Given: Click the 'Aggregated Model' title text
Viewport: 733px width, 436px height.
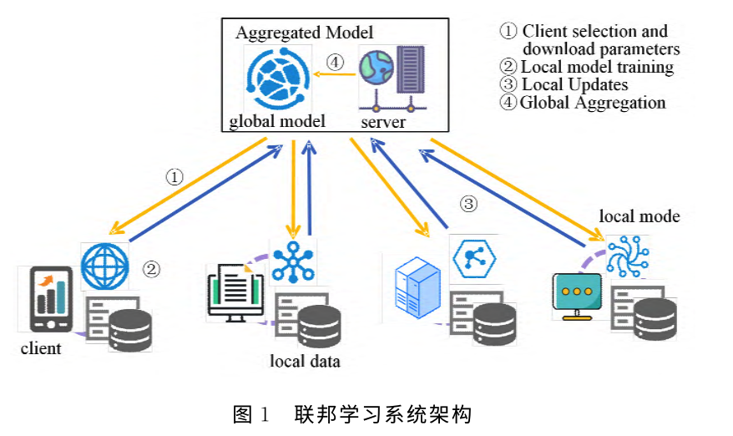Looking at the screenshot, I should [x=304, y=33].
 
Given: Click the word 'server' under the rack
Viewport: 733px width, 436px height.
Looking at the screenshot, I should [x=383, y=122].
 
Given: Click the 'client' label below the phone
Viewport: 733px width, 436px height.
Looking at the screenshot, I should [x=41, y=347].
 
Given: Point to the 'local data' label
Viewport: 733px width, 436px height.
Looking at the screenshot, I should [x=306, y=362].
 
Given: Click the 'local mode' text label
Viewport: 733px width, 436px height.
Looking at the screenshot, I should [x=639, y=216].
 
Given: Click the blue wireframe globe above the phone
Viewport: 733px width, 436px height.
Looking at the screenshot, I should [x=105, y=266].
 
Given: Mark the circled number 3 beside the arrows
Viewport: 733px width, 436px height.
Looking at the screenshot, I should [x=468, y=203].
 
